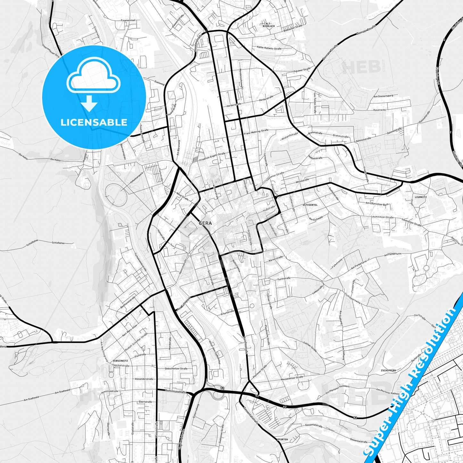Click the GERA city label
click(205, 223)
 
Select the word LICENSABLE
click(94, 122)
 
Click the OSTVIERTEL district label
click(310, 205)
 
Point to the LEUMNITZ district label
click(420, 197)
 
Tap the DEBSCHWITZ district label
click(120, 361)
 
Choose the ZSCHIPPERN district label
click(388, 370)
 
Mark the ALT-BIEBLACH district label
click(269, 25)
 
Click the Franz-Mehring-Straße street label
click(256, 132)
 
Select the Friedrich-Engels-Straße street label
click(212, 157)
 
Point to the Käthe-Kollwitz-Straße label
click(269, 48)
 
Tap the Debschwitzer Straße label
click(176, 368)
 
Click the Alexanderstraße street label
click(144, 379)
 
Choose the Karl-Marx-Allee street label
click(129, 330)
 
